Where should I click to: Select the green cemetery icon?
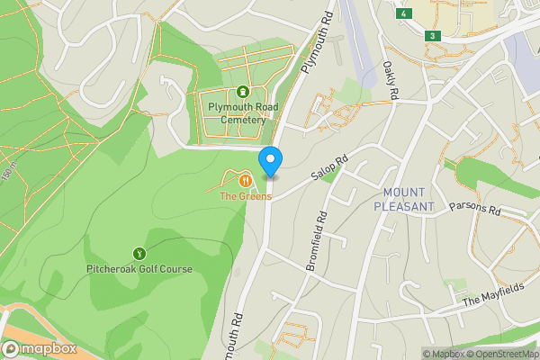point(243,91)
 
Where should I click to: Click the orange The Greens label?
point(245,196)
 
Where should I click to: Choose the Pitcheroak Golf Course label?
point(139,268)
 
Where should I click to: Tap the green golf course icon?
point(139,253)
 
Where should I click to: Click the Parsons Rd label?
point(475,210)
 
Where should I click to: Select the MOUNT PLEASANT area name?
point(409,199)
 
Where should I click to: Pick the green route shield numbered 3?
point(433,35)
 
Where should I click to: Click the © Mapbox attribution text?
point(445,354)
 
